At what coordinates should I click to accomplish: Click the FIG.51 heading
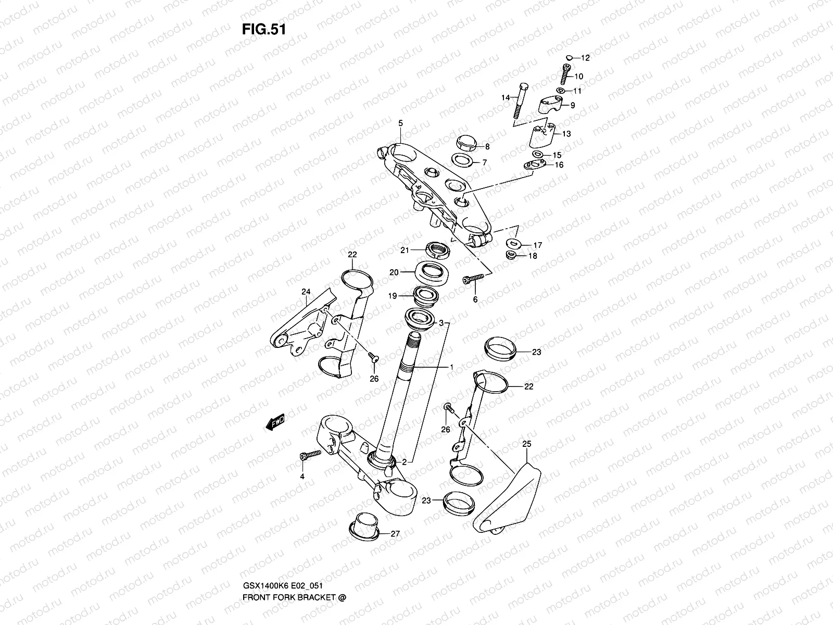tap(263, 29)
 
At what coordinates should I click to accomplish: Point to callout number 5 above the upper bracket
tap(400, 123)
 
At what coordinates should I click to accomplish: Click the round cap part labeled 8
tap(465, 143)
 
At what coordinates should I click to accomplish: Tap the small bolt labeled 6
tap(471, 280)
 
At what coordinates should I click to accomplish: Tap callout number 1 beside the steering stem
tap(451, 367)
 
